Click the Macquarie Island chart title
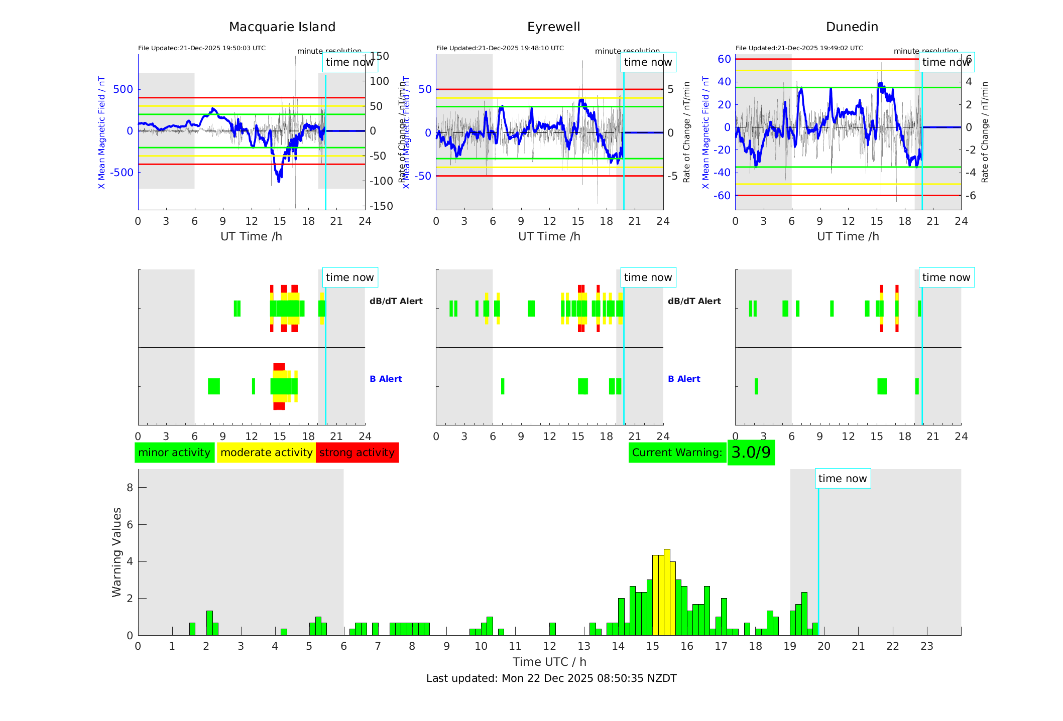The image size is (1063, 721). coord(282,27)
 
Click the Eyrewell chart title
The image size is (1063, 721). coord(553,27)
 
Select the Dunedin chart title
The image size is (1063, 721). coord(852,27)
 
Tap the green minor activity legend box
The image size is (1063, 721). coord(174,453)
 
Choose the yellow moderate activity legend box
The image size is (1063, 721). coord(266,453)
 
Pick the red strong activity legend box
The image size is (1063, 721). coord(357,453)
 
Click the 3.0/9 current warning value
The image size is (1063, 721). coord(751,453)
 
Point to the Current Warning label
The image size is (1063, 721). coord(677,453)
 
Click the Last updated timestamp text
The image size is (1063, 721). coord(551,678)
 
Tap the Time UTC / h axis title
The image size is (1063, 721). coord(549,662)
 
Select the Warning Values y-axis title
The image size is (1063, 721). coord(117,552)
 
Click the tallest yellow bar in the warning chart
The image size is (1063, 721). coord(667,592)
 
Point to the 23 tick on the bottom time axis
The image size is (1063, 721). coord(926,646)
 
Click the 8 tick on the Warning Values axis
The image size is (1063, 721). coord(130,487)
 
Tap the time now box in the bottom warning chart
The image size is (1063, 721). coord(843,479)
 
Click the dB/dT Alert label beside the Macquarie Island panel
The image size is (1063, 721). coord(396,301)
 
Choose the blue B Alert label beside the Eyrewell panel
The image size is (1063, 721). coord(684,379)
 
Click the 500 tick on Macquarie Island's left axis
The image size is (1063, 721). coord(123,89)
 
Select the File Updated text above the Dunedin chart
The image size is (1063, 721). coord(799,48)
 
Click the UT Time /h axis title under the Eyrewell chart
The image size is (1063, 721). coord(549,236)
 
